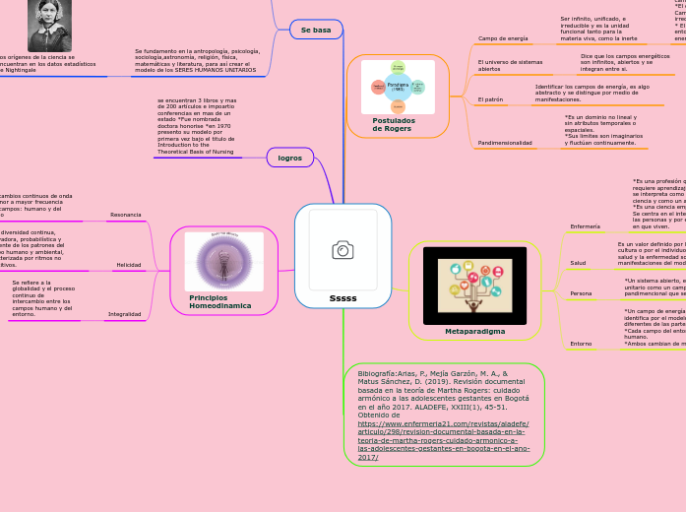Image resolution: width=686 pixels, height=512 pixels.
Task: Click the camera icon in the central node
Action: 343,250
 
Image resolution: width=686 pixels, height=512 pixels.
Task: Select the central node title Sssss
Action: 343,297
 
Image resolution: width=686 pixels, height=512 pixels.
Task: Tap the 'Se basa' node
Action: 315,31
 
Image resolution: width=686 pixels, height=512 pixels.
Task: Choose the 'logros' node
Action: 290,158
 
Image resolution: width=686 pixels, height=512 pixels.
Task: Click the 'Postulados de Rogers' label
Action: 394,124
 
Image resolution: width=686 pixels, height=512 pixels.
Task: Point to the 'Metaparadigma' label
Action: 474,331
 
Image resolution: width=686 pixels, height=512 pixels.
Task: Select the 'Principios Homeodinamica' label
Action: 219,301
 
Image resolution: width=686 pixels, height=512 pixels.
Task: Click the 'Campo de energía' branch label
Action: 502,38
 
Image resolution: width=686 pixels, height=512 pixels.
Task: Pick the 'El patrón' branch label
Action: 489,99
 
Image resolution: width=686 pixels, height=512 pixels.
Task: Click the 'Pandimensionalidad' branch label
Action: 505,143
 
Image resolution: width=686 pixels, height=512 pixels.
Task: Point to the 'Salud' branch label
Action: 578,263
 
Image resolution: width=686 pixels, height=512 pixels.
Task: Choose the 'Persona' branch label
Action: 581,293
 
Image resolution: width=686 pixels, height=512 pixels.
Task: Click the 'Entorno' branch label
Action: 581,343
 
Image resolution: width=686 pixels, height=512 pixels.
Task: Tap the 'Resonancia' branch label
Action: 125,215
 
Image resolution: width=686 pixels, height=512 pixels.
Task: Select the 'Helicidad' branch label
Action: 128,265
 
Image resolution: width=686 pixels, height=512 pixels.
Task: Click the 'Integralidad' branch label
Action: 123,314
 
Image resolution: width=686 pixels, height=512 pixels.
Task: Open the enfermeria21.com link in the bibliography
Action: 443,430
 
